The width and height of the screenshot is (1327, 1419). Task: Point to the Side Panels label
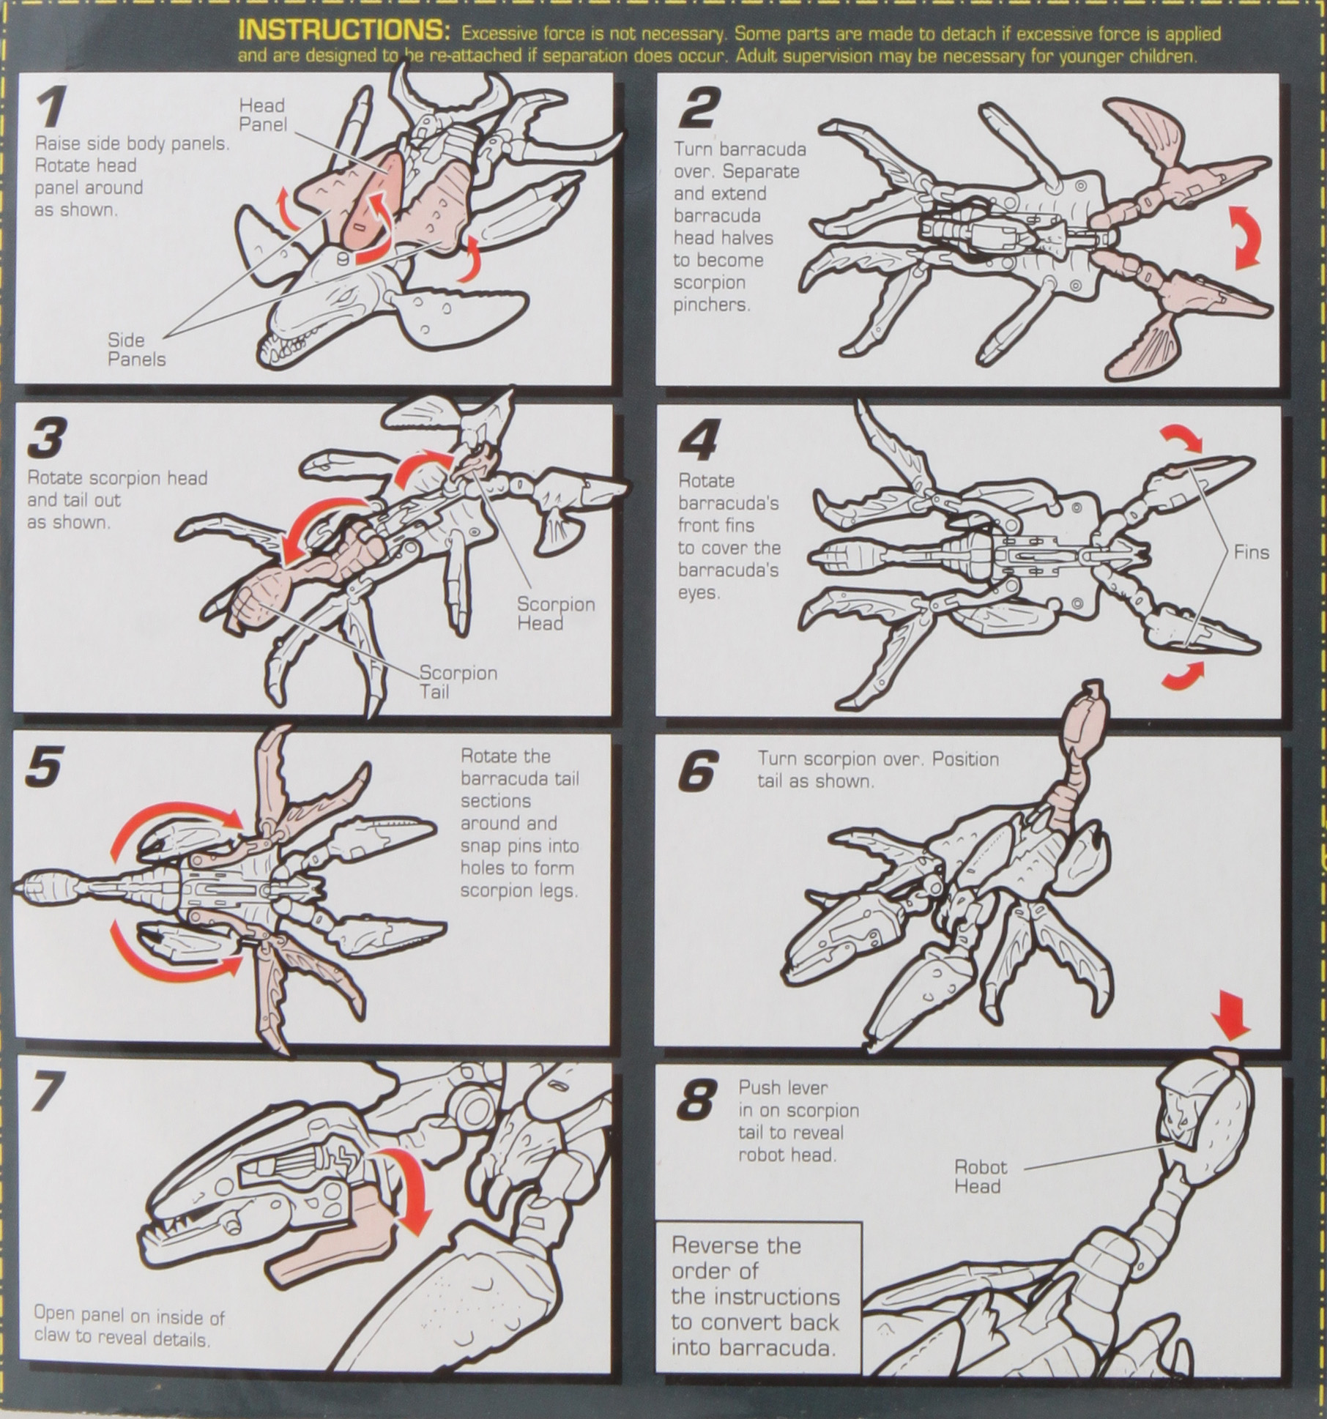click(x=136, y=349)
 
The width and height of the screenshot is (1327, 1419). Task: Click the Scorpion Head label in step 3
click(x=555, y=614)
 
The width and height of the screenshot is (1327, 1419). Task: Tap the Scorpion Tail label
click(x=458, y=682)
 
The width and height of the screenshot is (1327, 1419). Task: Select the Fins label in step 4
click(x=1251, y=552)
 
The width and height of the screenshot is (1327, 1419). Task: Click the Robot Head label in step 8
click(x=980, y=1177)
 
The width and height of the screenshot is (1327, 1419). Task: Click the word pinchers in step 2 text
click(x=711, y=305)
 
